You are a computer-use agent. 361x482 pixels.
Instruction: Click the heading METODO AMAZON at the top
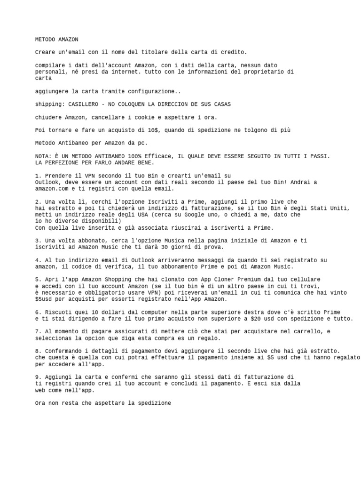pyautogui.click(x=56, y=40)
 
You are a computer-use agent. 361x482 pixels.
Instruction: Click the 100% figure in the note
pyautogui.click(x=134, y=156)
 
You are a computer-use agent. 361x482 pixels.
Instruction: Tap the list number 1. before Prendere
pyautogui.click(x=38, y=176)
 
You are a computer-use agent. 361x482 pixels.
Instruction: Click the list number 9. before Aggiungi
pyautogui.click(x=38, y=377)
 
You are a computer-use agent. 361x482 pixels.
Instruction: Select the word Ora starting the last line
pyautogui.click(x=40, y=403)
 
